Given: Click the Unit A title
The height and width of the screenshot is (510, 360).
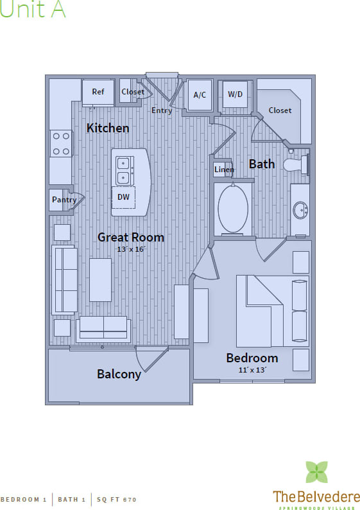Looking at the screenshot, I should tap(33, 10).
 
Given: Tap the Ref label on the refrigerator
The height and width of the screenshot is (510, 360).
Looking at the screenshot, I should tap(98, 92).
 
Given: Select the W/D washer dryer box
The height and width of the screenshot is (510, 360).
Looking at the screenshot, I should tap(236, 95).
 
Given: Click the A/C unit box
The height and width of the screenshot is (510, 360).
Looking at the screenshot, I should tap(200, 96).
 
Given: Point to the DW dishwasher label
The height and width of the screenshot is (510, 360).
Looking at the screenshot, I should tap(123, 197).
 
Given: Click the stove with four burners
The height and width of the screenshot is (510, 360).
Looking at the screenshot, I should tap(61, 143).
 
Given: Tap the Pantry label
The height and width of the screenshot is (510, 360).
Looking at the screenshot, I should tap(64, 200).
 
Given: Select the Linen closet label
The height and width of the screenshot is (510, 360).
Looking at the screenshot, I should tap(224, 170).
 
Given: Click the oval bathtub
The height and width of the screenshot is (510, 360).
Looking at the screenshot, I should tap(233, 208).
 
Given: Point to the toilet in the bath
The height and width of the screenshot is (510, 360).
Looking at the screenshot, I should tap(298, 164).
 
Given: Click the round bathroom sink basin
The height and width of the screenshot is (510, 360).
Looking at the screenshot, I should tap(300, 210).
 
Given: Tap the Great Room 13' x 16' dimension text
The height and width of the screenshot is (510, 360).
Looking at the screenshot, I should tap(131, 249).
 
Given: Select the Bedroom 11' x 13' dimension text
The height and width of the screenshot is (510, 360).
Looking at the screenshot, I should tap(252, 370).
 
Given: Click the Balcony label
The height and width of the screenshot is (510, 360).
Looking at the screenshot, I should tap(119, 374).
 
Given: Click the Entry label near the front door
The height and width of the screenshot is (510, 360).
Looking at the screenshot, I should tap(162, 110).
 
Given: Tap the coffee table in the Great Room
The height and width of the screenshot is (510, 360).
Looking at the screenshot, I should tap(101, 280).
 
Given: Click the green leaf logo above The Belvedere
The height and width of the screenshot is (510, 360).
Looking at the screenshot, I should tap(316, 472).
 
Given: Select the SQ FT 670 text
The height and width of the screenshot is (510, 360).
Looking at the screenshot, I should tap(116, 499).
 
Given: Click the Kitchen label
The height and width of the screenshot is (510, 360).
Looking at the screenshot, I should tap(108, 128).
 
